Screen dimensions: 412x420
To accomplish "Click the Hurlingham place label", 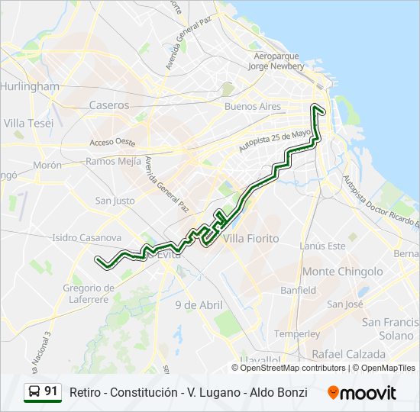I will click(x=31, y=86).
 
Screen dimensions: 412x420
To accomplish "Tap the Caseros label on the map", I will click(x=109, y=105).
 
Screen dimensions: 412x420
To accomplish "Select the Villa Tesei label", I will click(x=28, y=123).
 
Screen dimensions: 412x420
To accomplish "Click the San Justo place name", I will click(x=115, y=201).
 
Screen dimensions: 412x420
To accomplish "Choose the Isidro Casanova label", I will click(x=86, y=238).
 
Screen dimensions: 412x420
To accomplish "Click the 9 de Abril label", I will click(x=199, y=305).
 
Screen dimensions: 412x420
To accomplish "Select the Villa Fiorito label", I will click(x=253, y=238).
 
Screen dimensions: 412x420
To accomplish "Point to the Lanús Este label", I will click(x=322, y=246).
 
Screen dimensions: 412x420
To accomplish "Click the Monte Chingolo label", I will click(x=343, y=272).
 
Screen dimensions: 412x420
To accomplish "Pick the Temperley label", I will click(x=297, y=333).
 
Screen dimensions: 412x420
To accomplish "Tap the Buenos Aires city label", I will click(x=253, y=107).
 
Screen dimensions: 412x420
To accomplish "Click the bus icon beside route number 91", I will click(x=34, y=392).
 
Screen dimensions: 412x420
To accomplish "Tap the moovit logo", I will click(x=362, y=392).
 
